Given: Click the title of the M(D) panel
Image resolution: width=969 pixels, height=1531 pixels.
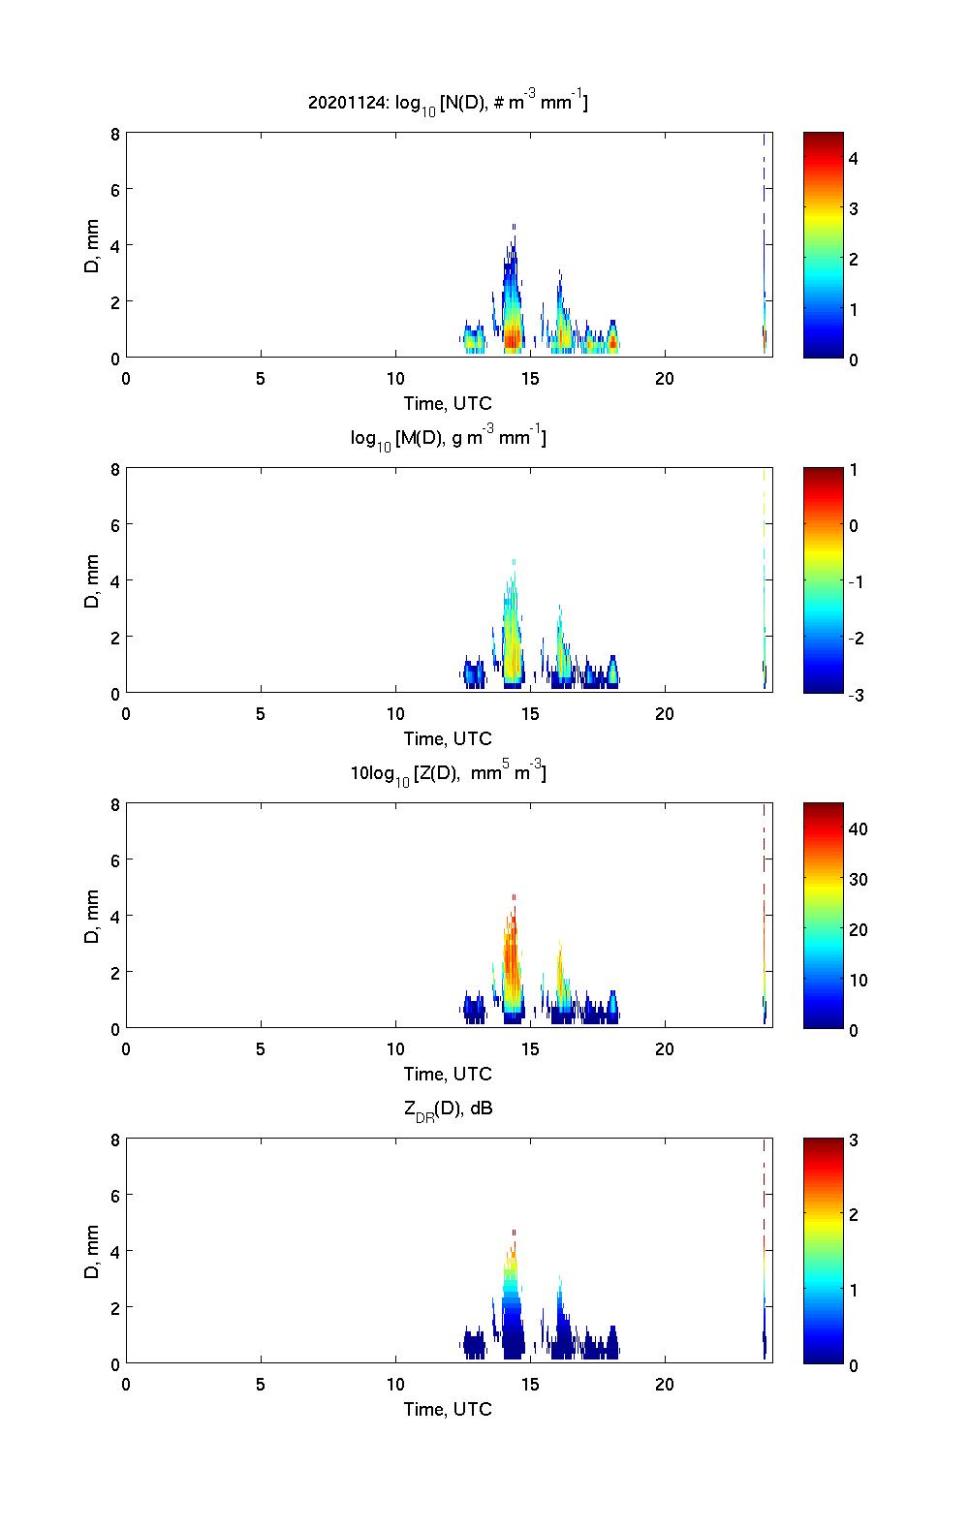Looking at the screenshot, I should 448,439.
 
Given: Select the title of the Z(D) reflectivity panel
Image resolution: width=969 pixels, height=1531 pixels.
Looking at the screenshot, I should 448,774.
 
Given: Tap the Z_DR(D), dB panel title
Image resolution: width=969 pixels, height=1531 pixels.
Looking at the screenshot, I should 448,1109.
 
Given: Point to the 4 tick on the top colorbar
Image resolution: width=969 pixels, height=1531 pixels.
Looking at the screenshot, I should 854,158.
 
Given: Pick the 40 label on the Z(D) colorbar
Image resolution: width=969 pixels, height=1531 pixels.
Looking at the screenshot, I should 858,829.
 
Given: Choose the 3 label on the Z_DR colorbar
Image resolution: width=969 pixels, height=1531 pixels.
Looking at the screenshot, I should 854,1140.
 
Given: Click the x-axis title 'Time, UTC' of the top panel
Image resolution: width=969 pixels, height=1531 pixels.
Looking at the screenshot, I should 448,403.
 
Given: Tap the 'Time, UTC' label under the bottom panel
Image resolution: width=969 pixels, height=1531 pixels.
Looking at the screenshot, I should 448,1409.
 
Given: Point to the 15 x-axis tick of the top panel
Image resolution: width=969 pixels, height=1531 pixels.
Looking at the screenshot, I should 529,379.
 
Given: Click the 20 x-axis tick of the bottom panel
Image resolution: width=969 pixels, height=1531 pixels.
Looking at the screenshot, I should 664,1385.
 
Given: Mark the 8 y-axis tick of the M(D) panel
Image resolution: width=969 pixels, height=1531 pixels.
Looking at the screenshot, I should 115,469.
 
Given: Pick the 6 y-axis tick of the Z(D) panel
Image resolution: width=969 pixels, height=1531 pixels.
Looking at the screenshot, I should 115,860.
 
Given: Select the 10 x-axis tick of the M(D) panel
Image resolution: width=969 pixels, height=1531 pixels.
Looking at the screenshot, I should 395,714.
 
